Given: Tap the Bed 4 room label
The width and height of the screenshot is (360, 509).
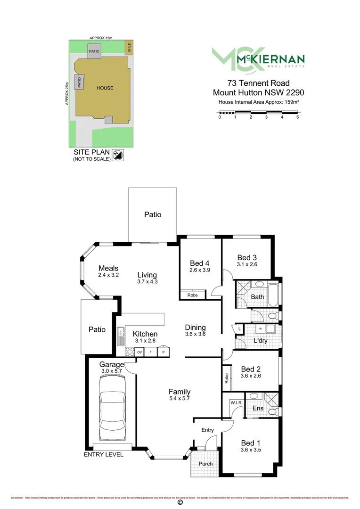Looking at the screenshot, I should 200,263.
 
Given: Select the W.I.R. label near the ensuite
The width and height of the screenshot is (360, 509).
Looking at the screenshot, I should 236,402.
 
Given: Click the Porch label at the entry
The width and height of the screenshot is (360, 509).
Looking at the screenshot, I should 205,464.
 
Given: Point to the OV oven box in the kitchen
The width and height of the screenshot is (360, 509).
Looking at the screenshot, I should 139,352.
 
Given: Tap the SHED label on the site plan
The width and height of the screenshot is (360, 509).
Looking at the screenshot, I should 128,47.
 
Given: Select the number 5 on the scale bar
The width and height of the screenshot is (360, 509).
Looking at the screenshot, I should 297,117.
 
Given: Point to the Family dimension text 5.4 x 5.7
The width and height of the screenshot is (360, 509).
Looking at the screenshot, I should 180,399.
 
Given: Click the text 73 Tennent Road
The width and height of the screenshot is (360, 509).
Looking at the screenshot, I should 258,83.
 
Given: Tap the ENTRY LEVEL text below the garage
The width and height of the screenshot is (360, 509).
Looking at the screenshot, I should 103,454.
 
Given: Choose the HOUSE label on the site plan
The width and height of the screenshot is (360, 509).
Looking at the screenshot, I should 105,88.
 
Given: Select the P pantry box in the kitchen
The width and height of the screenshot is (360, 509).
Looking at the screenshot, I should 164,352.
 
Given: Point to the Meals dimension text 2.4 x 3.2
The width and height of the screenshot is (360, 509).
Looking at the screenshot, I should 108,275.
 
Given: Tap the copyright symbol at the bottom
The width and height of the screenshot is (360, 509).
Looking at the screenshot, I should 180,503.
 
